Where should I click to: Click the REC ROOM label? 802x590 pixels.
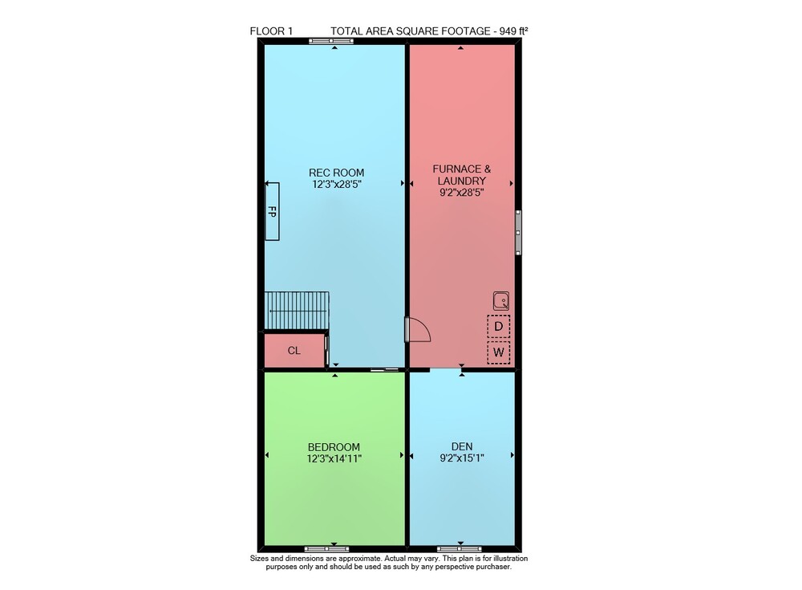(x=336, y=173)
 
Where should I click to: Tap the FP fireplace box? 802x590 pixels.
(x=272, y=211)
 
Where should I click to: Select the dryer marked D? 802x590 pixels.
(x=499, y=326)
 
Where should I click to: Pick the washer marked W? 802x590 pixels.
(x=499, y=352)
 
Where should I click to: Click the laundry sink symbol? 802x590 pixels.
(x=500, y=301)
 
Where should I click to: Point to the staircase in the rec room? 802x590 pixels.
(x=297, y=311)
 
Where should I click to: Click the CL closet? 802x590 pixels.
(x=294, y=350)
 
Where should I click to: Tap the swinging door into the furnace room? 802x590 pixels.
(x=418, y=329)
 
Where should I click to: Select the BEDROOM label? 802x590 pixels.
(x=334, y=447)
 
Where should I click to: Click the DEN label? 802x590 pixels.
(x=462, y=446)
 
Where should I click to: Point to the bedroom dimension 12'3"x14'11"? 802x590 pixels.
(x=334, y=459)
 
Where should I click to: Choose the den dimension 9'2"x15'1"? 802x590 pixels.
(x=462, y=458)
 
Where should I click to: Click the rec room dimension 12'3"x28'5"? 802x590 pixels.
(x=337, y=185)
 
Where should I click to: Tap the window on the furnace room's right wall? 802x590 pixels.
(x=518, y=232)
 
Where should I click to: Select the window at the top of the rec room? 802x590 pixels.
(x=331, y=41)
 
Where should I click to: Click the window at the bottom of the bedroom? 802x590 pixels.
(x=326, y=549)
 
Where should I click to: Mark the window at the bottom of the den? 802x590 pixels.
(x=459, y=549)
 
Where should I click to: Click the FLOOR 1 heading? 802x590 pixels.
(x=271, y=31)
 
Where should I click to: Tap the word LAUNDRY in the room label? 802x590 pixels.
(x=461, y=181)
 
